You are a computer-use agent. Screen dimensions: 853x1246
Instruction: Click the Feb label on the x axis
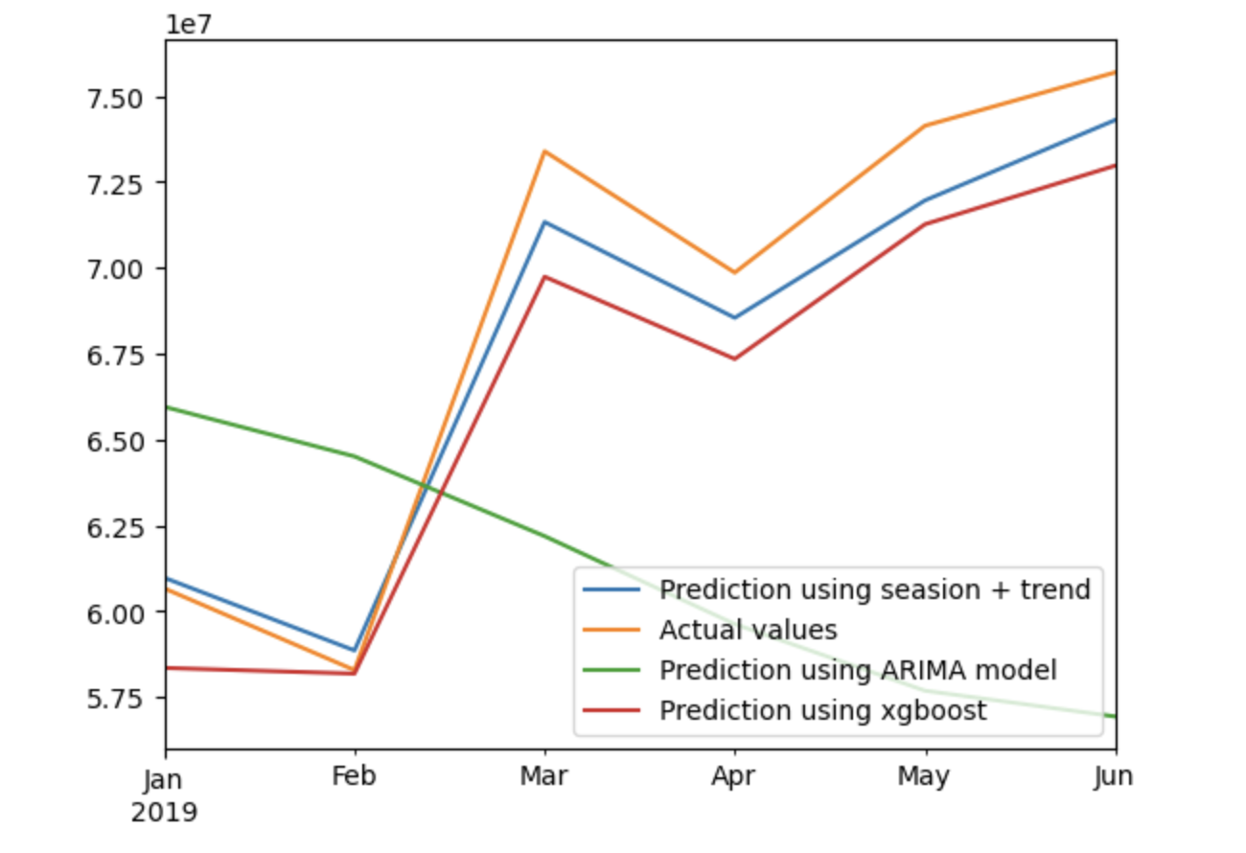tap(355, 776)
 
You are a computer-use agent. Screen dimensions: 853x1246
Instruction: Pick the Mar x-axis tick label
tap(544, 776)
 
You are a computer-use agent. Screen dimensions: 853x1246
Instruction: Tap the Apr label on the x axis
tap(735, 776)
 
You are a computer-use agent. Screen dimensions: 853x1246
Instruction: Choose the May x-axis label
tap(924, 776)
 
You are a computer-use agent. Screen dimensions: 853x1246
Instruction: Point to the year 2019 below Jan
tap(165, 814)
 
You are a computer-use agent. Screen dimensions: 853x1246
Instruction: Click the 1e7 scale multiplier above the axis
tap(189, 23)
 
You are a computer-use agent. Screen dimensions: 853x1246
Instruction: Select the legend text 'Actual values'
tap(748, 631)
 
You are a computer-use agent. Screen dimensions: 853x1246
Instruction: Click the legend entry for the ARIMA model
tap(858, 671)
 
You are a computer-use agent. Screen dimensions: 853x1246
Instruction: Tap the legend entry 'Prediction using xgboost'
tap(822, 711)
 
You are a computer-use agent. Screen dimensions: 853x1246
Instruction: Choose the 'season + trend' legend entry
tap(874, 589)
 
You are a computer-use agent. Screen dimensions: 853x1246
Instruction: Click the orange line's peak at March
tap(544, 151)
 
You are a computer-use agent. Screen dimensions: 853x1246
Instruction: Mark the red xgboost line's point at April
tap(735, 358)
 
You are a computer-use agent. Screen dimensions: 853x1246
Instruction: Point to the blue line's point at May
tap(924, 200)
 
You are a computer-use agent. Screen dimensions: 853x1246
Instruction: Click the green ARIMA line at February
tap(355, 456)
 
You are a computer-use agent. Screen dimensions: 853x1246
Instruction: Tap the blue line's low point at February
tap(355, 651)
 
